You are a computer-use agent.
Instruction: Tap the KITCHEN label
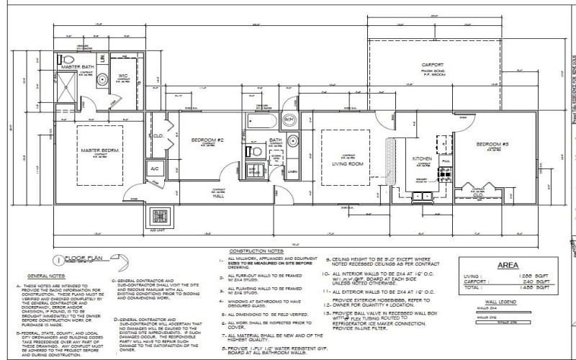click(422, 158)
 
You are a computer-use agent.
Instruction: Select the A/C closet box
click(154, 168)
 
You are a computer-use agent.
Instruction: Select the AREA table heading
click(508, 265)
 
